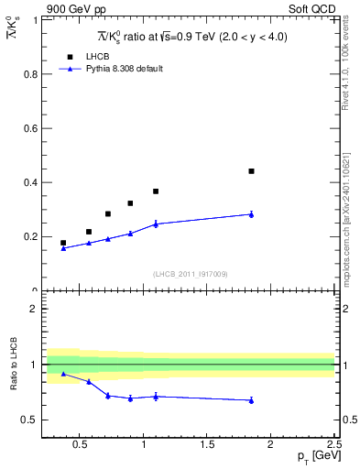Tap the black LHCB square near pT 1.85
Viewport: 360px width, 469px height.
tap(251, 171)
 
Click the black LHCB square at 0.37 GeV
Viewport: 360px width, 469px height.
tap(63, 243)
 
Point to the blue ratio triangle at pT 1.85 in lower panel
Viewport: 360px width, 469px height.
tap(251, 400)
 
